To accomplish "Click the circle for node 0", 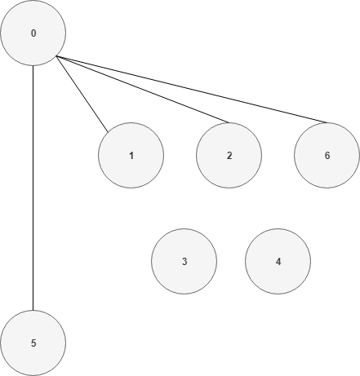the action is [x=33, y=33].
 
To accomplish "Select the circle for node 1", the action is [x=131, y=155].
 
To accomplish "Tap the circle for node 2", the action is [x=229, y=155].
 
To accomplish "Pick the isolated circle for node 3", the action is [x=184, y=261].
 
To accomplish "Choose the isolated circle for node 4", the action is [x=278, y=261].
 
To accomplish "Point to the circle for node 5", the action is [x=33, y=343].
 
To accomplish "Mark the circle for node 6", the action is [x=327, y=155].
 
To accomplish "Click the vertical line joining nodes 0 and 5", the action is [x=33, y=188].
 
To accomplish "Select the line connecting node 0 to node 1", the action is [x=82, y=94].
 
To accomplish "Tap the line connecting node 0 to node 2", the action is [x=142, y=89].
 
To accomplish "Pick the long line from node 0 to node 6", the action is [x=192, y=89].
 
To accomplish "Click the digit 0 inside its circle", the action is [x=33, y=33].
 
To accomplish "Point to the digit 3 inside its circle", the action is [x=184, y=262].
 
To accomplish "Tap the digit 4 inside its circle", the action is [x=278, y=262].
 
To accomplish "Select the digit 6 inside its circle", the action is [x=327, y=156].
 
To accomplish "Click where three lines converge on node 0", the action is [x=56, y=56].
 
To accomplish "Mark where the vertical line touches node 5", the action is [x=33, y=310].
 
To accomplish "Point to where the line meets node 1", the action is [x=109, y=132].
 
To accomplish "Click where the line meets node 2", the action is [x=229, y=122].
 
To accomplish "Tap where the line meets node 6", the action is [x=327, y=122].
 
